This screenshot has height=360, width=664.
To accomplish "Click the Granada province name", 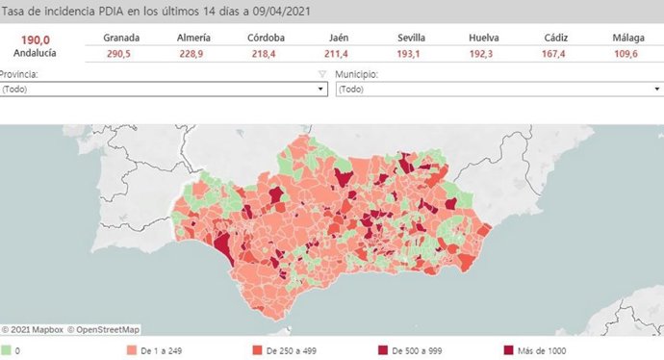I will (121, 38).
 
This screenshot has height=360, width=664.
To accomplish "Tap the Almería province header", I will (193, 38).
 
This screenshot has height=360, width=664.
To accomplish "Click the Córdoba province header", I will (265, 38).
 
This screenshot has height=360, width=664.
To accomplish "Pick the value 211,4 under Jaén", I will (337, 54).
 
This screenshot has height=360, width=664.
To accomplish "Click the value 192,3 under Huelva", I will (483, 54).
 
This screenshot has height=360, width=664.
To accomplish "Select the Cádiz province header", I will (554, 38).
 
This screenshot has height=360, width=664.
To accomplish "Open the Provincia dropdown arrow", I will (321, 89).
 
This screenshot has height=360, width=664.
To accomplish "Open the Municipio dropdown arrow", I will (655, 89).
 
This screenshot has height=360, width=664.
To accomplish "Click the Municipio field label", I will (358, 74).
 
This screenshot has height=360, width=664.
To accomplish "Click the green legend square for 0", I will (6, 351).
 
